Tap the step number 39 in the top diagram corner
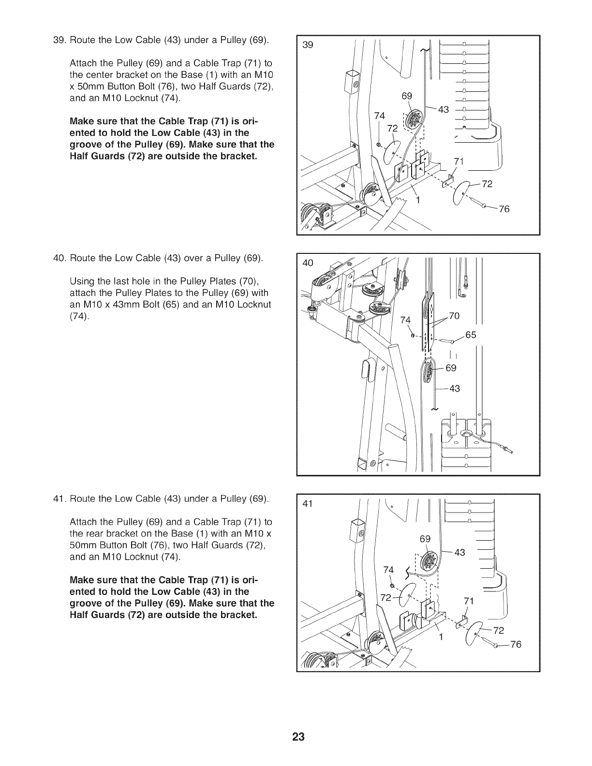point(308,45)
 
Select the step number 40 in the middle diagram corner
point(308,263)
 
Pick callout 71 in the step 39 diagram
point(458,162)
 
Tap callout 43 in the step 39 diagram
point(444,110)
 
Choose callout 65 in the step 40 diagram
point(471,334)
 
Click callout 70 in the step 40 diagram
point(455,316)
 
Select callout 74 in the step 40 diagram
point(405,321)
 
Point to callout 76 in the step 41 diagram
point(516,645)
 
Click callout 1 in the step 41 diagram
point(441,636)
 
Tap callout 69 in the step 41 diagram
point(425,539)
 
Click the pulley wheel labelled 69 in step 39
point(414,119)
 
